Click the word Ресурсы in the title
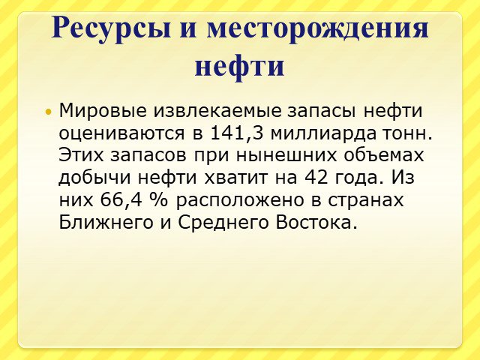[111, 28]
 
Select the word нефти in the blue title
[240, 66]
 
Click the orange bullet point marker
[47, 112]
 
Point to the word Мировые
[103, 110]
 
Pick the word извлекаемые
[217, 110]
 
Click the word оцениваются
[121, 133]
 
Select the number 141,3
[237, 133]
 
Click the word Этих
[81, 155]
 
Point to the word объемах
[384, 155]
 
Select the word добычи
[94, 178]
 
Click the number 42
[316, 177]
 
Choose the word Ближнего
[106, 223]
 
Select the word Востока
[316, 223]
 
